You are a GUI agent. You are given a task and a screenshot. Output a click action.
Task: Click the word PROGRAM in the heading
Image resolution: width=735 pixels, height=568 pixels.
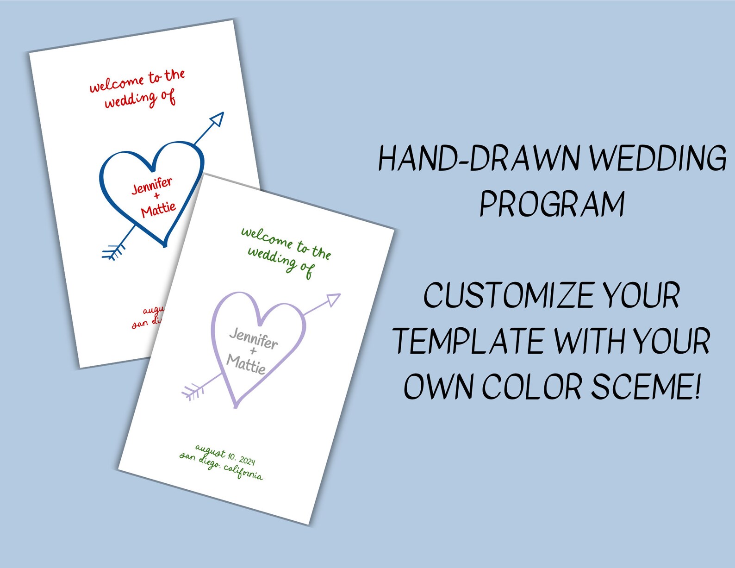click(x=552, y=204)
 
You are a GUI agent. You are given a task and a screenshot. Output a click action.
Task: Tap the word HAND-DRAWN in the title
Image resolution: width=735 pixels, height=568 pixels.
click(x=479, y=158)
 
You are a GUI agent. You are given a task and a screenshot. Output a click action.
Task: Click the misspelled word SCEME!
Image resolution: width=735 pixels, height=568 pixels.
click(x=647, y=387)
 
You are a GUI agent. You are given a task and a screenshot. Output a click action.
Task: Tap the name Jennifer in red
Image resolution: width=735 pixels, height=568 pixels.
click(x=152, y=185)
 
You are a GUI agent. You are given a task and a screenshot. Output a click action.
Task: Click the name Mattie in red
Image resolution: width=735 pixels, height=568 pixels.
click(x=158, y=209)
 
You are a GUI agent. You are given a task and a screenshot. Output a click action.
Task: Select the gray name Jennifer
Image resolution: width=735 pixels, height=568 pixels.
click(x=254, y=338)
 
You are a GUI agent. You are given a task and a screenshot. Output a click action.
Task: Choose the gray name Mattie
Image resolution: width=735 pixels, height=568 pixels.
click(x=246, y=364)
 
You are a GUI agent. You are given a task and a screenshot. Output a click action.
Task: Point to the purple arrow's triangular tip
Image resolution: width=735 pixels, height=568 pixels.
click(x=333, y=300)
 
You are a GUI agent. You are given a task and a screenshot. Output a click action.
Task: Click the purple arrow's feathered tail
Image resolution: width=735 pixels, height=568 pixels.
click(x=193, y=392)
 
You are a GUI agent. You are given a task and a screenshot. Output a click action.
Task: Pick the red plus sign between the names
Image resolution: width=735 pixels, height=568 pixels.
click(x=156, y=196)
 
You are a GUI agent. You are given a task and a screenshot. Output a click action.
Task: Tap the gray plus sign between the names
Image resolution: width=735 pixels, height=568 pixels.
click(x=253, y=351)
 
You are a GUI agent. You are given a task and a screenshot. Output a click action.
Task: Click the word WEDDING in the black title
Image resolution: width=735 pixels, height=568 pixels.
click(x=658, y=158)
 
